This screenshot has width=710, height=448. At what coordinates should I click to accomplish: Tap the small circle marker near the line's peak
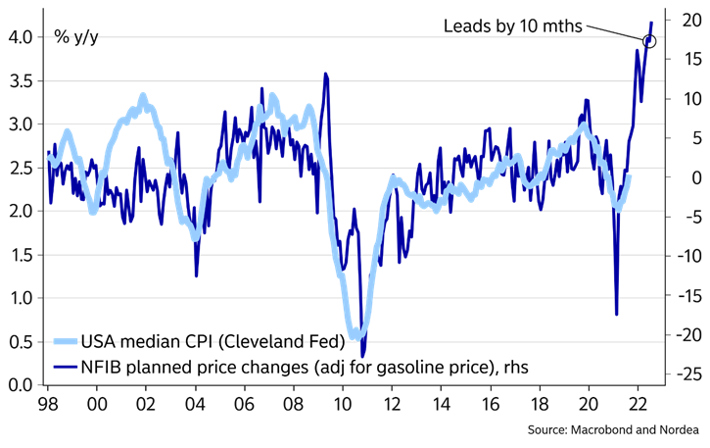(649, 40)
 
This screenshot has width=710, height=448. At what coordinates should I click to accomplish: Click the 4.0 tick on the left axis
(22, 37)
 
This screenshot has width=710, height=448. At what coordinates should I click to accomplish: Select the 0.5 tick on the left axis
(22, 341)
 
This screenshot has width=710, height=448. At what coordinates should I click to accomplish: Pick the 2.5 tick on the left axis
(22, 168)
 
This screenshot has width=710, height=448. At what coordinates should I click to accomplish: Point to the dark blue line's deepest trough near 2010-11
(362, 356)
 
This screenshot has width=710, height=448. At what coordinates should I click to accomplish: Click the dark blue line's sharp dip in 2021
(616, 314)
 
